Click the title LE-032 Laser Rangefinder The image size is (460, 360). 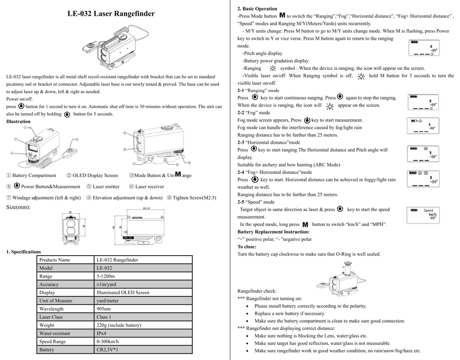point(111,13)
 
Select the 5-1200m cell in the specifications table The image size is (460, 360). point(106,276)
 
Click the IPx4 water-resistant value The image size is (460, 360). point(102,333)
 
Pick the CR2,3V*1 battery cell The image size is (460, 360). point(107,349)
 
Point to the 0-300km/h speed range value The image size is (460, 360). point(107,341)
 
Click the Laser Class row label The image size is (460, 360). point(51,317)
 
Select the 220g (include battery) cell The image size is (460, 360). point(119,325)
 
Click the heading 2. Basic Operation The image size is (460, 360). point(257,9)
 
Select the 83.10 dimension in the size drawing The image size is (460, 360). point(147,208)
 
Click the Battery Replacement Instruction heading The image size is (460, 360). point(270,232)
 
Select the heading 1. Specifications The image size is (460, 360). point(23,252)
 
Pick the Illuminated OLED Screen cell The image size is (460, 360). point(123,292)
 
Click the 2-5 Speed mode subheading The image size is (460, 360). point(256,202)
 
